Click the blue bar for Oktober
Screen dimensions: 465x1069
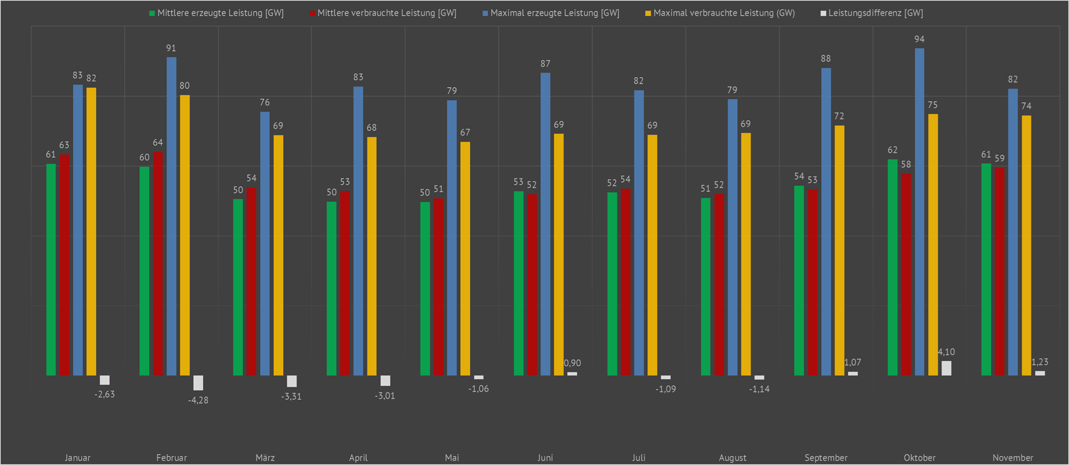(x=919, y=212)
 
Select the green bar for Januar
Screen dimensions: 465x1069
(x=51, y=269)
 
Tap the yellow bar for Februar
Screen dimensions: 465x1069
(x=185, y=235)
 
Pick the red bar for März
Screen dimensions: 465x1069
(x=251, y=282)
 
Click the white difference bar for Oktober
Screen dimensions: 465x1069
(x=946, y=368)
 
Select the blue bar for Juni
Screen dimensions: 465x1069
(x=546, y=224)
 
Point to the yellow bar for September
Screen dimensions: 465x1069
(x=839, y=250)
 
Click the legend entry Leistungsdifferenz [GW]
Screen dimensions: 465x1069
(x=875, y=13)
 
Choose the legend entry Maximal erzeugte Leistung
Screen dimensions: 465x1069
(x=554, y=13)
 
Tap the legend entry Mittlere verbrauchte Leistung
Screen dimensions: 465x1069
(x=387, y=13)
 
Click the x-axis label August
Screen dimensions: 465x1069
(x=732, y=457)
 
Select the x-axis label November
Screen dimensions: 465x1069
(x=1013, y=457)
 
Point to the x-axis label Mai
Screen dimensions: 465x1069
(x=452, y=457)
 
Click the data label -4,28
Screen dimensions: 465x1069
(x=198, y=400)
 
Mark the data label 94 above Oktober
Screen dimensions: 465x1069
(x=919, y=39)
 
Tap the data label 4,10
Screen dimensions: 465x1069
(x=946, y=352)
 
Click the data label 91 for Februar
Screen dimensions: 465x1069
(x=171, y=48)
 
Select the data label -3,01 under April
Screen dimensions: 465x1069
(x=385, y=396)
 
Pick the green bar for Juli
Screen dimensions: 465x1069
(x=612, y=284)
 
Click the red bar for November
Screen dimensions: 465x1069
(x=999, y=272)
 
